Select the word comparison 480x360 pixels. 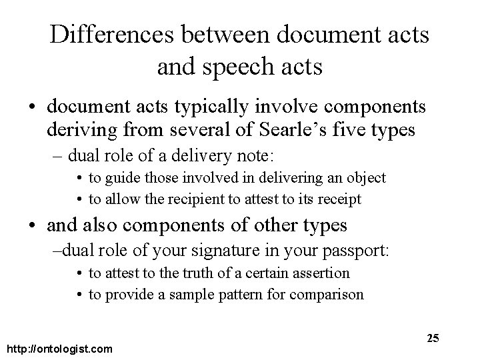tap(332, 294)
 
